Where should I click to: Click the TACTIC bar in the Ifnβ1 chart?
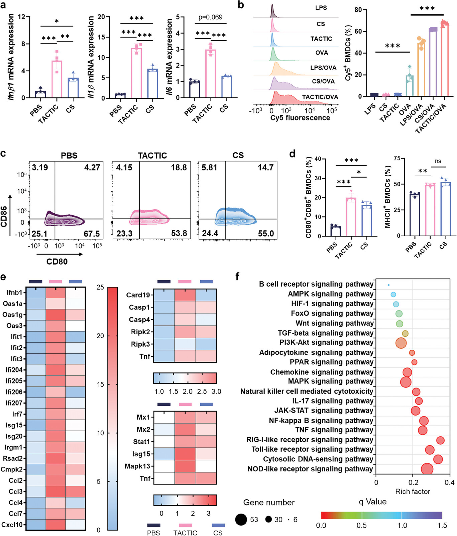click(x=57, y=79)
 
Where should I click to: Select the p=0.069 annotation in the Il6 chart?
click(x=210, y=17)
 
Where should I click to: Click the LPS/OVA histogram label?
click(x=323, y=68)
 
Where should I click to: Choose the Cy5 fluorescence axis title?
click(x=300, y=118)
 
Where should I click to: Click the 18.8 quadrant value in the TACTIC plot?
click(x=179, y=167)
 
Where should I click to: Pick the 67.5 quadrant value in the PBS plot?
click(x=92, y=234)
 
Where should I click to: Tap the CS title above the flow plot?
click(x=238, y=155)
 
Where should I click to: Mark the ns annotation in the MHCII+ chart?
click(x=438, y=161)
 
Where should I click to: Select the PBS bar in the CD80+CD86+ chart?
click(x=335, y=231)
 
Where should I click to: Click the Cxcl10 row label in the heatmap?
click(x=12, y=524)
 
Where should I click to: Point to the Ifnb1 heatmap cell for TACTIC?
click(x=55, y=292)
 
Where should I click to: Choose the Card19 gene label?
click(x=138, y=295)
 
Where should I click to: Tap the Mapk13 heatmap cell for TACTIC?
click(x=185, y=466)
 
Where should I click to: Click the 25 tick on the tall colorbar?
click(x=100, y=287)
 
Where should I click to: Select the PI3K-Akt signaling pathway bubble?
click(x=401, y=343)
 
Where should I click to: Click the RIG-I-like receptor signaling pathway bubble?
click(x=440, y=440)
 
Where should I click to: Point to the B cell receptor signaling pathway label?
click(x=316, y=284)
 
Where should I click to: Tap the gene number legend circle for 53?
click(x=241, y=519)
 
